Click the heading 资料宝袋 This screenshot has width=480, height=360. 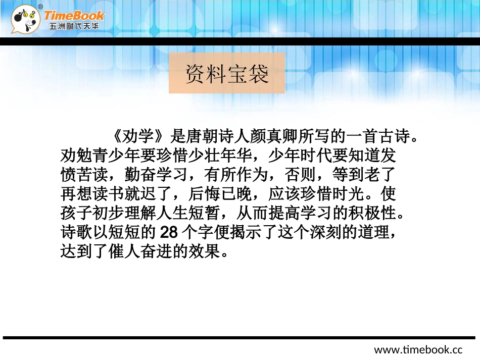(x=227, y=74)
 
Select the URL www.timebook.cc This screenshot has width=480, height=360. (x=418, y=349)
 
